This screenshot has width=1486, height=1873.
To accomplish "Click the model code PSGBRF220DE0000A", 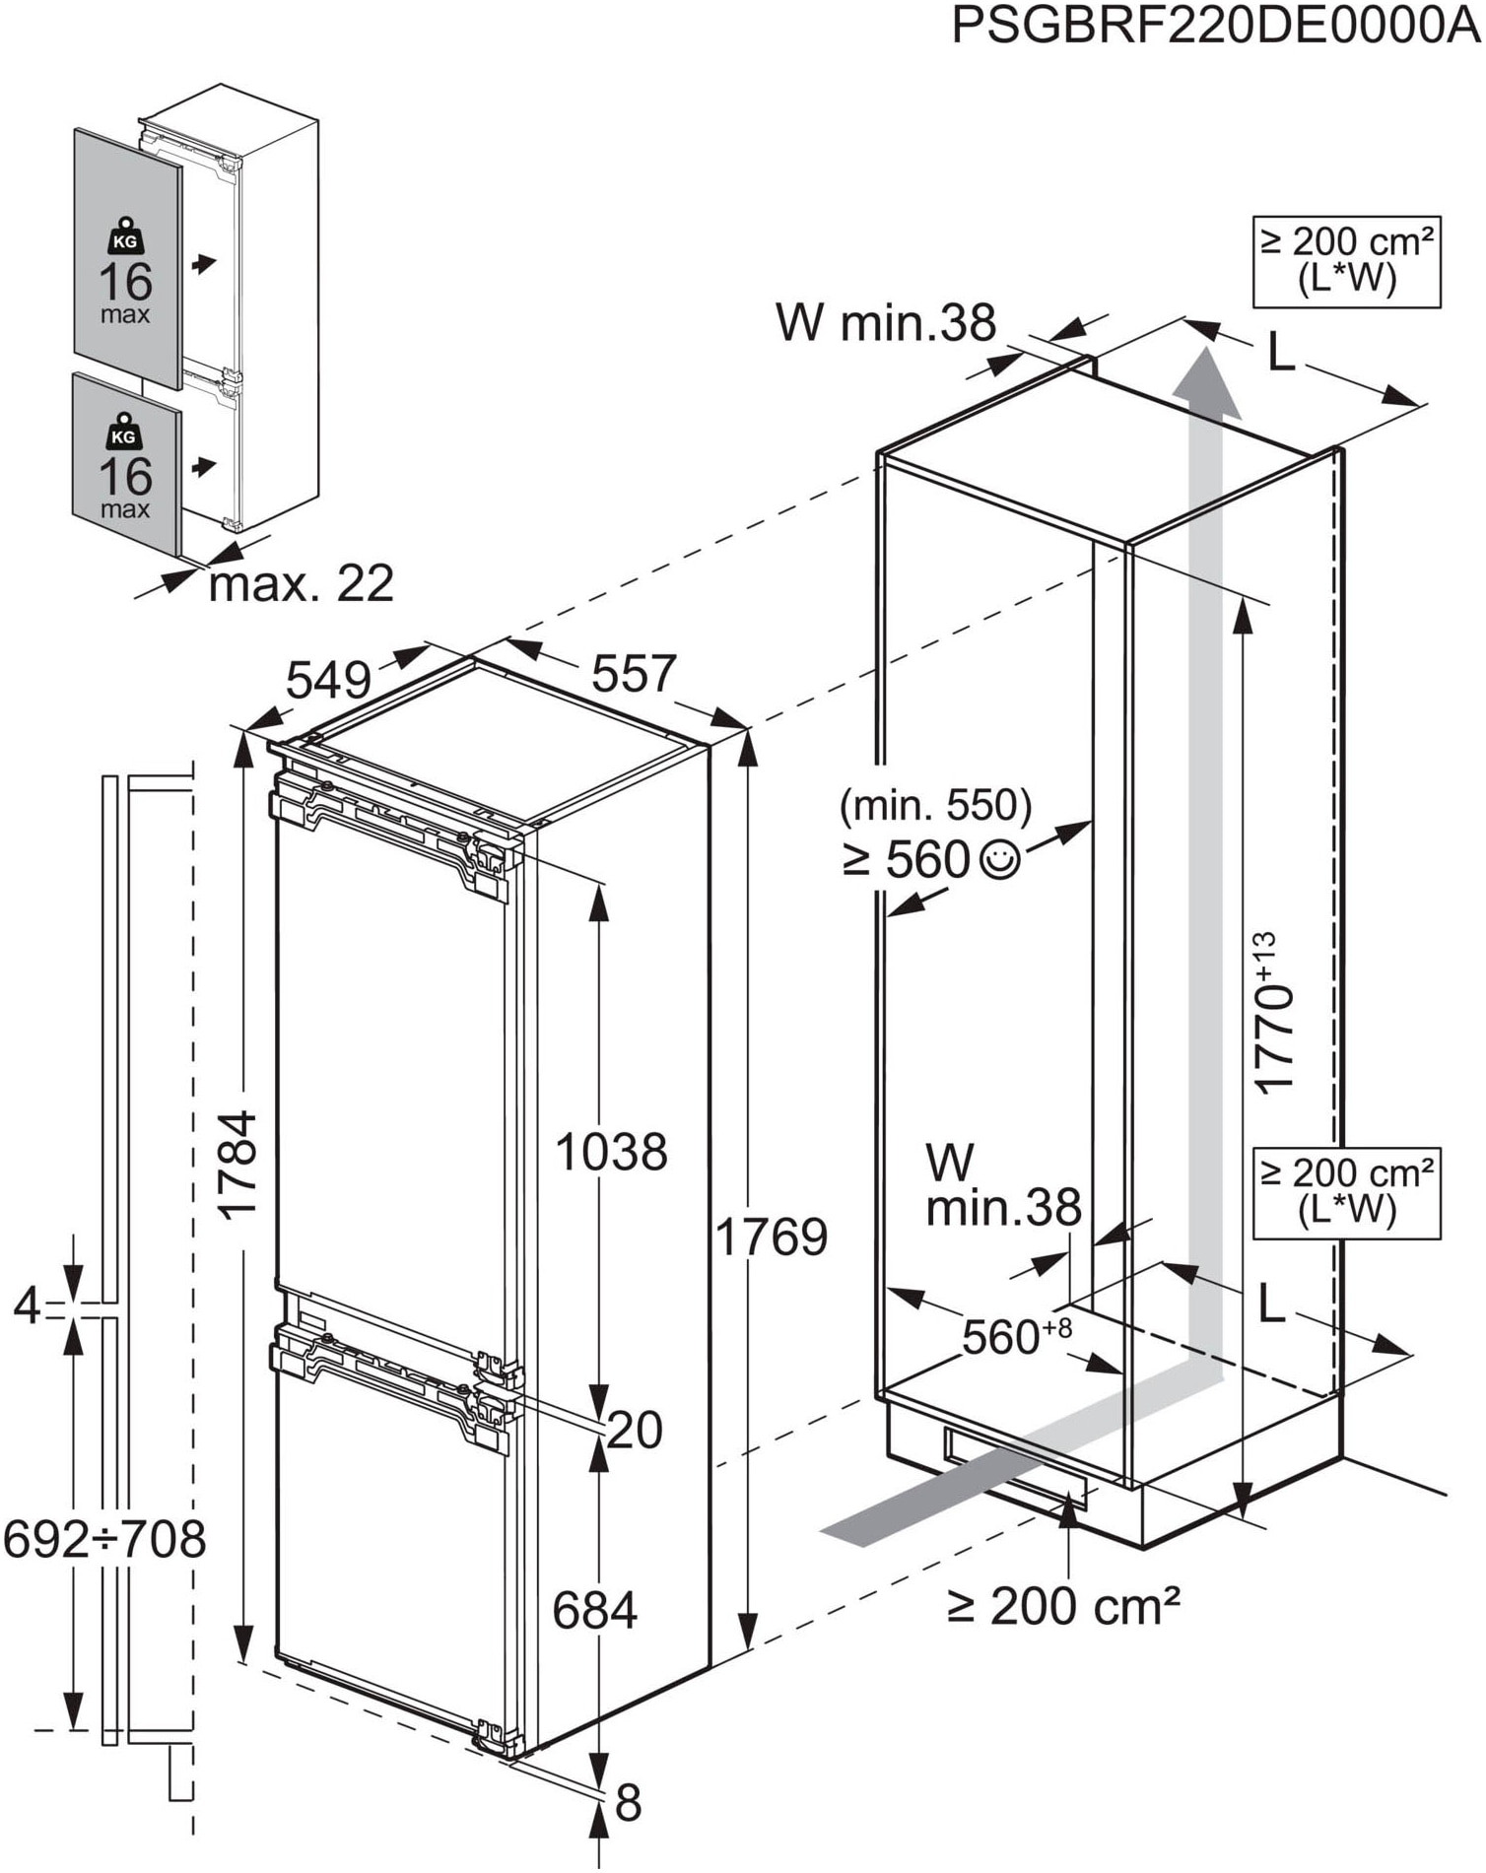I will pyautogui.click(x=1215, y=27).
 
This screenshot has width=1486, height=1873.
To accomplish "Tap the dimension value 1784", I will pyautogui.click(x=239, y=1166).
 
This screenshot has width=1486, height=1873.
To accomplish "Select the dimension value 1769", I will pyautogui.click(x=771, y=1237).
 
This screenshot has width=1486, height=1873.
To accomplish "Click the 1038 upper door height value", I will pyautogui.click(x=611, y=1151).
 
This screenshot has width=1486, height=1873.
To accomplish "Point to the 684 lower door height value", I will pyautogui.click(x=594, y=1611).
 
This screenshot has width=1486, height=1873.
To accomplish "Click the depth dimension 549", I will pyautogui.click(x=329, y=679).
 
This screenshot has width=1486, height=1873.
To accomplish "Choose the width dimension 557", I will pyautogui.click(x=634, y=674).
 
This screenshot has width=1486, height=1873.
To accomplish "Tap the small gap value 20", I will pyautogui.click(x=634, y=1430).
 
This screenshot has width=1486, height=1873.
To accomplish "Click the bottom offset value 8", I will pyautogui.click(x=628, y=1802).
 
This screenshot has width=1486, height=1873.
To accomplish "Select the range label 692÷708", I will pyautogui.click(x=104, y=1538).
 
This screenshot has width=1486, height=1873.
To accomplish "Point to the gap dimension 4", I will pyautogui.click(x=27, y=1307).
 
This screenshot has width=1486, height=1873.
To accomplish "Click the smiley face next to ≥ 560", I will pyautogui.click(x=999, y=860).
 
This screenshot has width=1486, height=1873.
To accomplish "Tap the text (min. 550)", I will pyautogui.click(x=935, y=806).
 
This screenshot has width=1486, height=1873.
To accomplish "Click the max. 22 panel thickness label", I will pyautogui.click(x=301, y=584).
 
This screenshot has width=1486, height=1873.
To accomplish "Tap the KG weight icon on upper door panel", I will pyautogui.click(x=125, y=237).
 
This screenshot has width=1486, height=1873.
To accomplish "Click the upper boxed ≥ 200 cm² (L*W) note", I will pyautogui.click(x=1346, y=261).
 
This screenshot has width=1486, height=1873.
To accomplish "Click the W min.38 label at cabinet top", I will pyautogui.click(x=886, y=322).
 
